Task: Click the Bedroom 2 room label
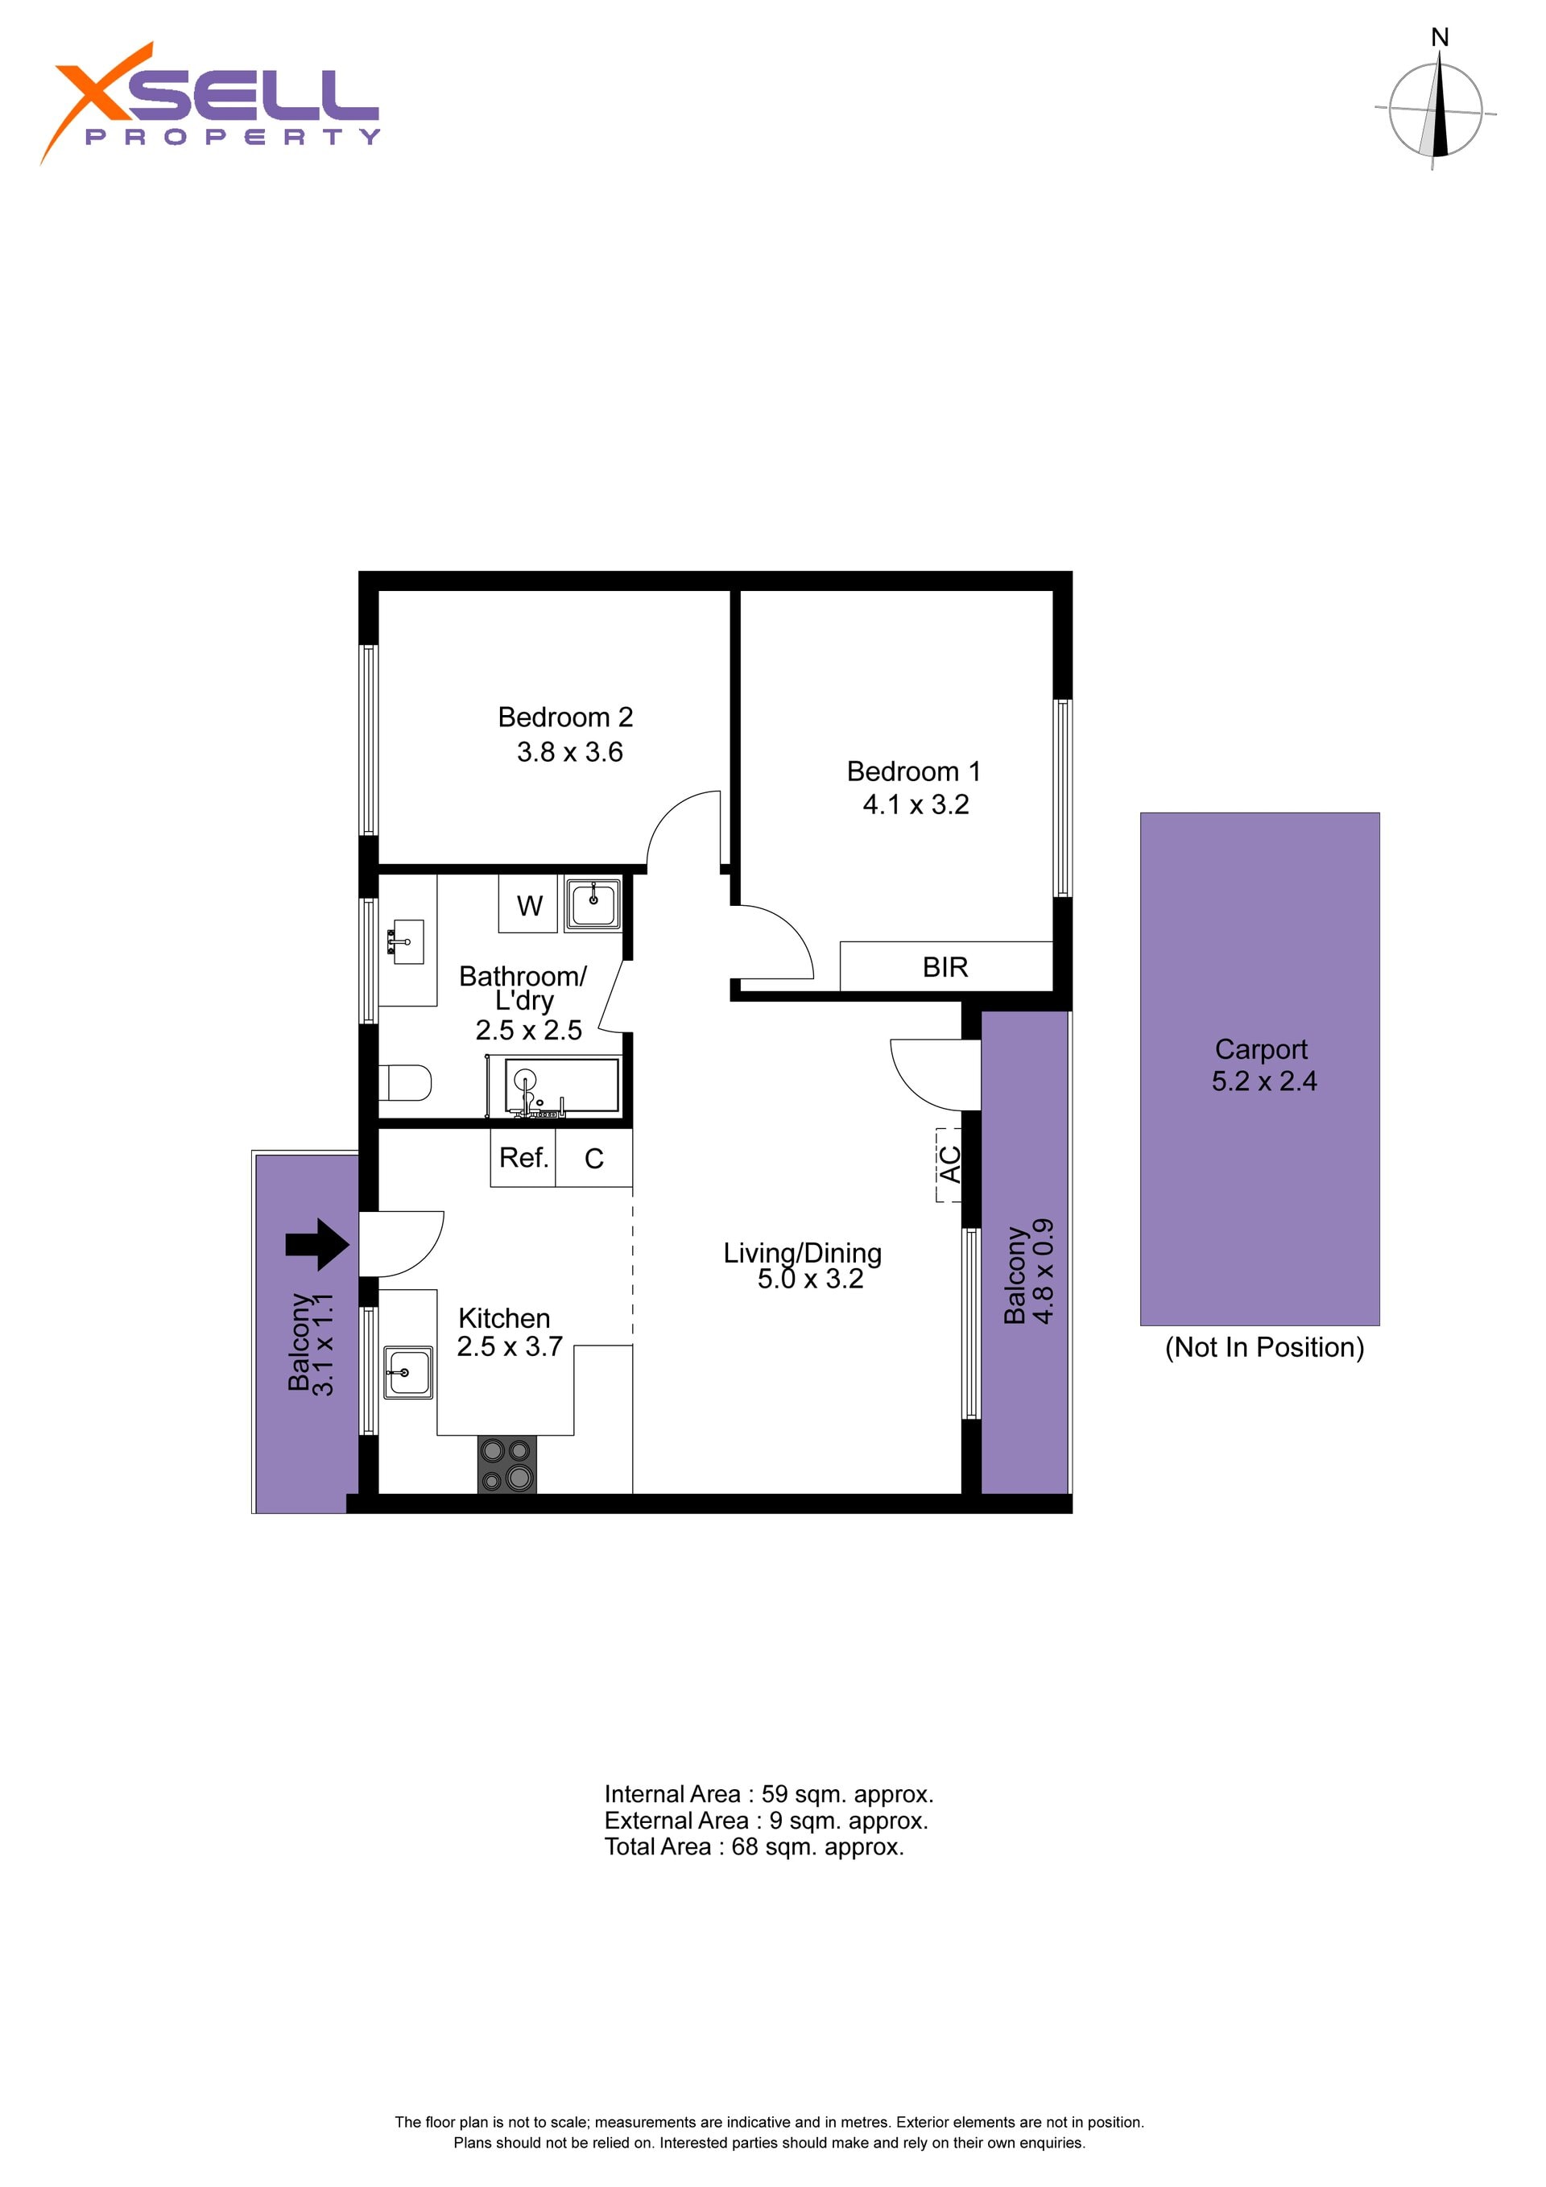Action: pos(565,717)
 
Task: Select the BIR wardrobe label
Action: pos(945,967)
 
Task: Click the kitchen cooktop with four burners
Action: pos(506,1464)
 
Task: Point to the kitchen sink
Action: pos(407,1371)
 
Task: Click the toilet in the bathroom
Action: pos(405,1082)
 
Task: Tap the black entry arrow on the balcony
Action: pos(317,1244)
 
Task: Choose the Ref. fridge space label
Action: pos(524,1157)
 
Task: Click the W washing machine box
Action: pos(530,904)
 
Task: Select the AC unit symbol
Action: pos(949,1164)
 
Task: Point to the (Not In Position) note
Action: pos(1264,1347)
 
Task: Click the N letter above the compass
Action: pos(1440,37)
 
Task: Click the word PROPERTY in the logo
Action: pos(233,136)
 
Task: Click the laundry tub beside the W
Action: pos(593,902)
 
